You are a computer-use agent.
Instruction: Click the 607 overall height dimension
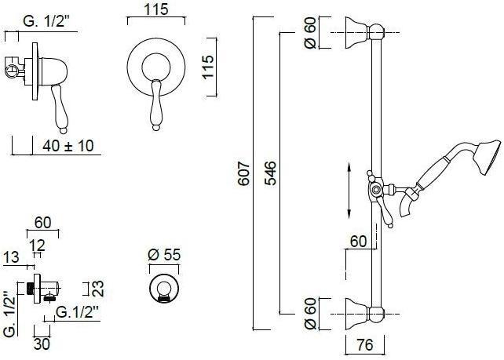click(x=244, y=174)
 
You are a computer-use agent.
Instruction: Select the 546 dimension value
click(x=270, y=173)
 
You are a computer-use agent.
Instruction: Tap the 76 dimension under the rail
click(x=365, y=344)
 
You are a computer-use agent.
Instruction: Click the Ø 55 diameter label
click(x=164, y=255)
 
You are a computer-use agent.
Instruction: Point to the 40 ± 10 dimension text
click(x=68, y=146)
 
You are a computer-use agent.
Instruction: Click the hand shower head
click(x=488, y=158)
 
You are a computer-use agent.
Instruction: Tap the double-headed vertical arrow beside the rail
click(x=349, y=190)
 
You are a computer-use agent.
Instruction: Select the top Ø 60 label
click(x=311, y=33)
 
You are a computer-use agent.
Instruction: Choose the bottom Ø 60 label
click(x=311, y=314)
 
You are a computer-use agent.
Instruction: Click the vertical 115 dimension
click(x=208, y=67)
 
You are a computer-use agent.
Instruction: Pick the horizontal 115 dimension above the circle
click(x=156, y=9)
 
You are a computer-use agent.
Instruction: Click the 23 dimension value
click(x=98, y=289)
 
